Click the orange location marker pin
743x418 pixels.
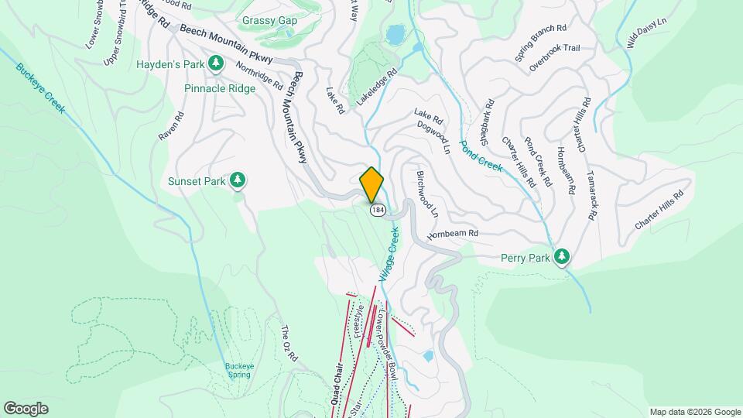[x=372, y=184]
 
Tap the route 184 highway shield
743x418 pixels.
[x=377, y=211]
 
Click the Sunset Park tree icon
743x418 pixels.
[x=239, y=181]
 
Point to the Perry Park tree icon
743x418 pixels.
[x=563, y=257]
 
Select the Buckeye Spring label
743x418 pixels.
[x=240, y=371]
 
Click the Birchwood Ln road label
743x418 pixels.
[x=427, y=194]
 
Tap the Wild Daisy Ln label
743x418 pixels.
[x=642, y=33]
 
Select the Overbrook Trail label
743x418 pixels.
[x=554, y=48]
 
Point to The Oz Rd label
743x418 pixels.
[x=288, y=342]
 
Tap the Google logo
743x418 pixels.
[x=26, y=408]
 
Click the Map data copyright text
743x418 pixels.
[x=694, y=412]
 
